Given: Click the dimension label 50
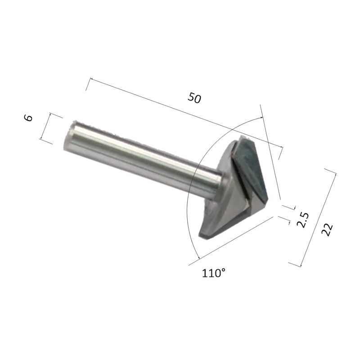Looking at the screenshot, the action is click(x=194, y=98).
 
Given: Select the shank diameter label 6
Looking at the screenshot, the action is click(x=28, y=118).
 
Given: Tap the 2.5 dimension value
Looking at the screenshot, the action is click(x=303, y=220).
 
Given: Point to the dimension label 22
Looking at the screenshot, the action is click(x=327, y=229).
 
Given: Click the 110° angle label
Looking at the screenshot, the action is click(x=213, y=273).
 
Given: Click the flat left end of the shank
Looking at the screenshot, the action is click(x=68, y=135).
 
